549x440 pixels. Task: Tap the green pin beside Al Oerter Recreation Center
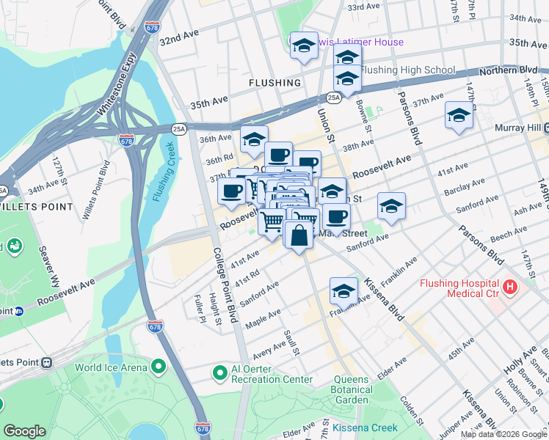219,373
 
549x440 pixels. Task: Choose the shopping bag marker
299,237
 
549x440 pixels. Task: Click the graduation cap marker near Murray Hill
459,116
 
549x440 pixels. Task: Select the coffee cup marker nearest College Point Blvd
232,192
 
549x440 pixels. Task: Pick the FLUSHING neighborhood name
274,83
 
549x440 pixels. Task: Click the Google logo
25,431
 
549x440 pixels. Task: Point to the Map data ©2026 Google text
504,434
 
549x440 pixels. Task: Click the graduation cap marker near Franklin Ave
343,292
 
